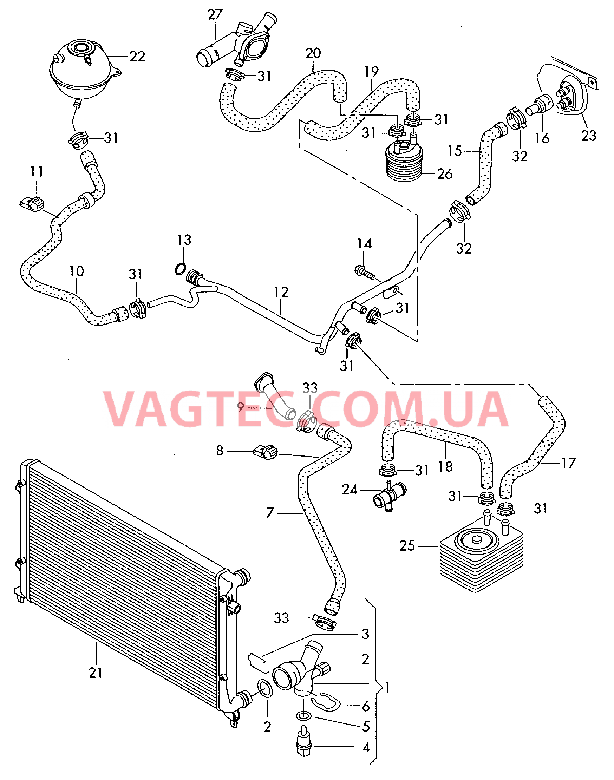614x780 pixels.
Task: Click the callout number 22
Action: [137, 57]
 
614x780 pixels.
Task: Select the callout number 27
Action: [215, 15]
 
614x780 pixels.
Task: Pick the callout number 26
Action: [445, 174]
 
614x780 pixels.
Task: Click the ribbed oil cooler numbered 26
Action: [404, 162]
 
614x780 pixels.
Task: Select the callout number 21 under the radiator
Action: [96, 673]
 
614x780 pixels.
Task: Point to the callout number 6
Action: [366, 706]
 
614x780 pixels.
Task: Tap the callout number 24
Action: [349, 489]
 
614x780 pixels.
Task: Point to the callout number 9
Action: [241, 407]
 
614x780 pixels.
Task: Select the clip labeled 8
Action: [266, 452]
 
